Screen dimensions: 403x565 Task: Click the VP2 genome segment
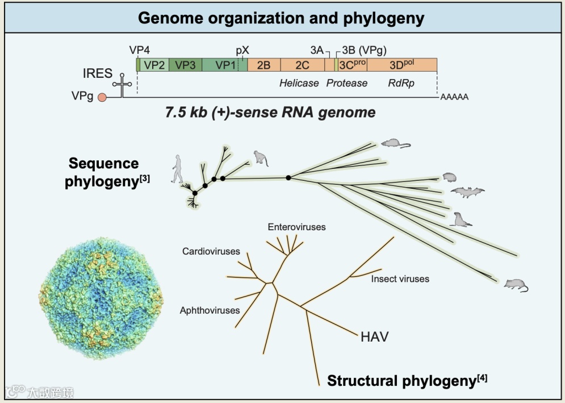[x=154, y=65]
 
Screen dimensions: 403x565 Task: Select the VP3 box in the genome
[x=185, y=65]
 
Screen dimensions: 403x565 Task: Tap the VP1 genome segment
[x=224, y=65]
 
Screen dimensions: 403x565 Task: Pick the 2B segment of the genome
[x=263, y=65]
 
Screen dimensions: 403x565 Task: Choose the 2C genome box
[x=302, y=65]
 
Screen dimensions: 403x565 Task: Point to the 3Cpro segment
[x=353, y=65]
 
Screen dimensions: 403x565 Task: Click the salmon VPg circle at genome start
[x=102, y=97]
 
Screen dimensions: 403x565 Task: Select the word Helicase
[x=299, y=83]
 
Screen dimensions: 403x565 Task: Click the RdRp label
[x=401, y=83]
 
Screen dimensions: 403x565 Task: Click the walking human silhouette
[x=179, y=168]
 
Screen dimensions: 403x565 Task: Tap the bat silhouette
[x=467, y=193]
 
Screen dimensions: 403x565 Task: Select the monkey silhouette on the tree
[x=261, y=157]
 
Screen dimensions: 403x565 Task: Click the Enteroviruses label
[x=297, y=227]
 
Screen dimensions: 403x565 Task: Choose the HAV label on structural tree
[x=374, y=336]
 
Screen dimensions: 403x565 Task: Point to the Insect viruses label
[x=400, y=279]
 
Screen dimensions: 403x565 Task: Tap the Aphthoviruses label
[x=210, y=310]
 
